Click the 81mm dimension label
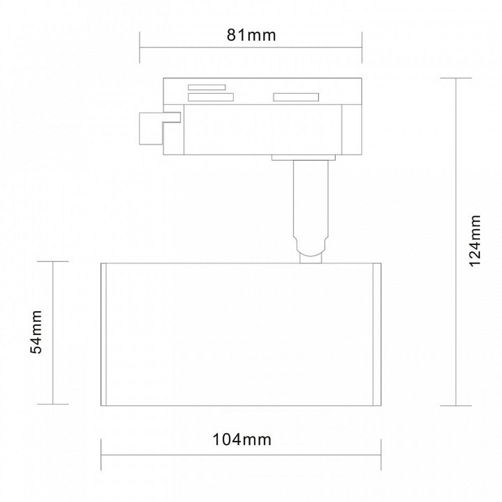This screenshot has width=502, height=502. tap(250, 35)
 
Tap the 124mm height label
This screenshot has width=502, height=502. tap(475, 241)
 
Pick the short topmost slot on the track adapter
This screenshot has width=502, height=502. tap(206, 87)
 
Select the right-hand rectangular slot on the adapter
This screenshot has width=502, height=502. tap(295, 97)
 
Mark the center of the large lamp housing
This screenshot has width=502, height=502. tap(241, 334)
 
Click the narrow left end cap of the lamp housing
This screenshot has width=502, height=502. tap(103, 334)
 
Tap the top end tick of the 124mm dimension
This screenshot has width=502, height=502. tap(456, 78)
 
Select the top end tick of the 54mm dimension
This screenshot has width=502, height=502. tap(53, 262)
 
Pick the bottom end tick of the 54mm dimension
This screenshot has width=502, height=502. tap(53, 405)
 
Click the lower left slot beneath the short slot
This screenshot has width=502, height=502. tap(210, 97)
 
